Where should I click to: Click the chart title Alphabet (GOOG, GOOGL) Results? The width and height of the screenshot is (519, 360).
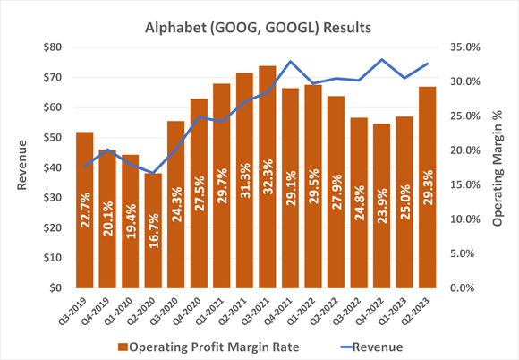click(259, 28)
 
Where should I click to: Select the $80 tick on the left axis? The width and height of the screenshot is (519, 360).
click(52, 47)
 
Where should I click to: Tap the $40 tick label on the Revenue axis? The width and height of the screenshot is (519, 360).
click(52, 167)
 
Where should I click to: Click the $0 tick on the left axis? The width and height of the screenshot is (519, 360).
click(55, 288)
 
